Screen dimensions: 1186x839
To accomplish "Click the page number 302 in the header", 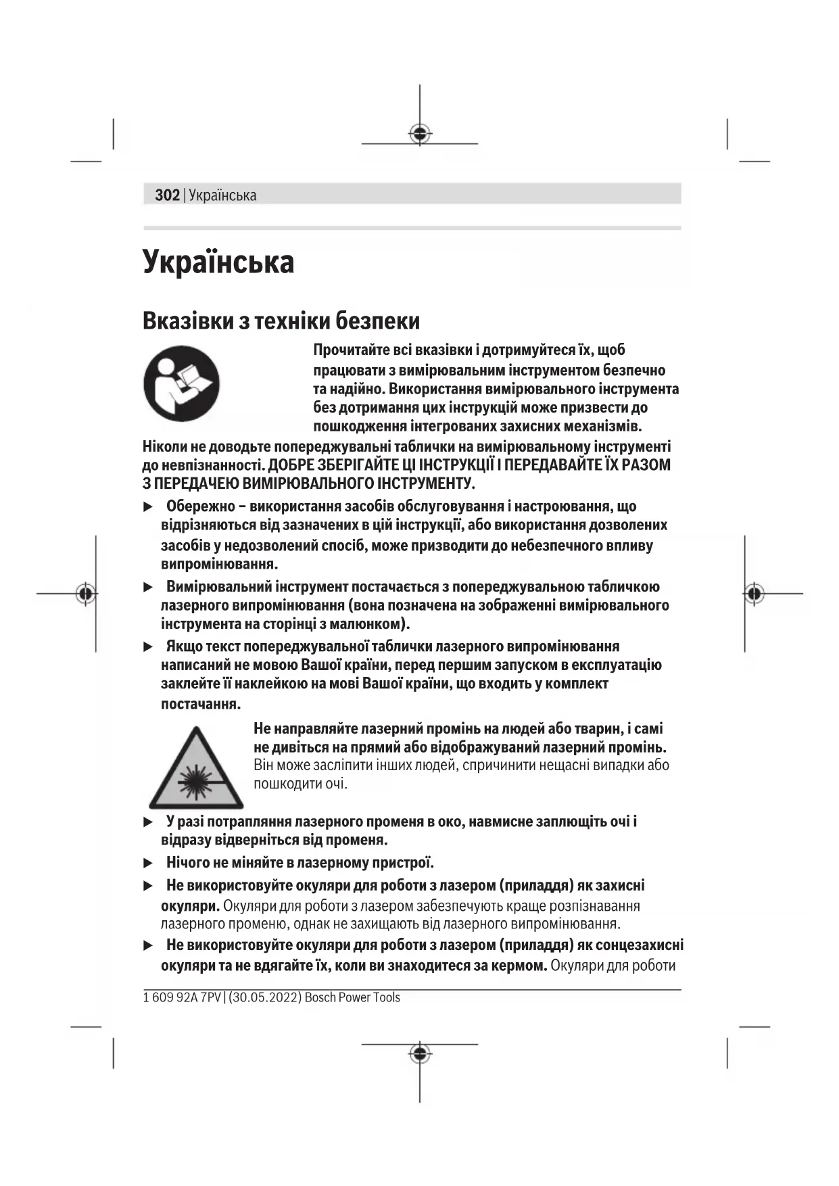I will click(167, 195).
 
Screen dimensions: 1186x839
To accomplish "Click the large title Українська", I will click(218, 262).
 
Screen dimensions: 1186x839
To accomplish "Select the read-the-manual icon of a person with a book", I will click(181, 383).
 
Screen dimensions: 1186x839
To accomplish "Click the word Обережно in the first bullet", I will click(200, 506).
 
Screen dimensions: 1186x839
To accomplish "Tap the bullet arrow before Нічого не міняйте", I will click(149, 863).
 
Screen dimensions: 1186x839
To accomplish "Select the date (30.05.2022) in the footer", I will click(265, 998).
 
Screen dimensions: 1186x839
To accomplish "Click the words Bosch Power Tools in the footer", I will click(352, 998).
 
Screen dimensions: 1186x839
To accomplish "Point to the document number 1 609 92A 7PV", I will click(182, 998).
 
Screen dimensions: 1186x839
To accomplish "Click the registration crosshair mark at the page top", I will click(420, 133).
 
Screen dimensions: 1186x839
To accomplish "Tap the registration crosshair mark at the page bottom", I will click(420, 1053).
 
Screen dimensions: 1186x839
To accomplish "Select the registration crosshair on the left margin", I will click(86, 594).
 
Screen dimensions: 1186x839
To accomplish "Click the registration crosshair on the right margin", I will click(754, 594).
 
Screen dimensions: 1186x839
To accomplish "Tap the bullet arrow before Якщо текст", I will click(149, 647).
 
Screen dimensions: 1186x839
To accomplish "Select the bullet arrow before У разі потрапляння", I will click(149, 822).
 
